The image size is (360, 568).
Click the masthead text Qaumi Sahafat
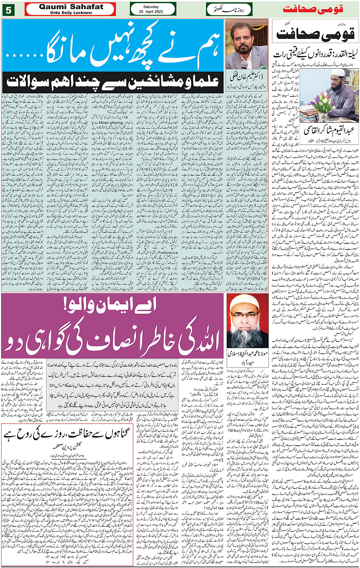(71, 7)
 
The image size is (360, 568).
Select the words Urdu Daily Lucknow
(71, 13)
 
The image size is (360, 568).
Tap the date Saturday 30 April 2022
(153, 9)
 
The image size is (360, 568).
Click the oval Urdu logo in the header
(224, 9)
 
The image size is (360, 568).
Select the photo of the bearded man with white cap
(247, 321)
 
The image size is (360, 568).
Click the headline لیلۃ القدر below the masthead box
(315, 54)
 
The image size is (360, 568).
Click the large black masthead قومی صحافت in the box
(315, 34)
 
